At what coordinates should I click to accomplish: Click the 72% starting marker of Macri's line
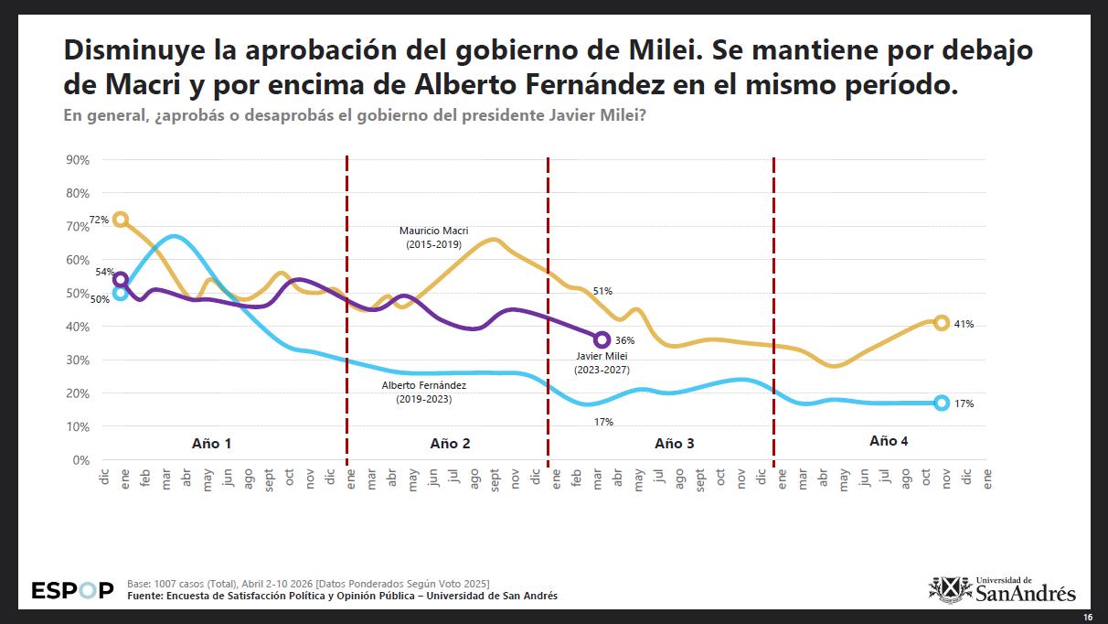(x=121, y=220)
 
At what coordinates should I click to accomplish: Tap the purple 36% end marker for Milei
(x=602, y=339)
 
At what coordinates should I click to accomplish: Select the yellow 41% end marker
(x=942, y=322)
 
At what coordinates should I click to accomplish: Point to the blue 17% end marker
(x=942, y=403)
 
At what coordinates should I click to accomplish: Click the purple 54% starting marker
(x=121, y=279)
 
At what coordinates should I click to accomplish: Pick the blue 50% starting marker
(x=121, y=293)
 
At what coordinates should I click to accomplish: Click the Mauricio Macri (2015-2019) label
(x=434, y=238)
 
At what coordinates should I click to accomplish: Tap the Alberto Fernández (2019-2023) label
(x=423, y=393)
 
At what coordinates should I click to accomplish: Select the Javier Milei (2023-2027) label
(x=602, y=362)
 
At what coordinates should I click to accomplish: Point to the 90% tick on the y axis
(x=77, y=160)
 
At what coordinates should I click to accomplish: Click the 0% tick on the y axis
(x=80, y=460)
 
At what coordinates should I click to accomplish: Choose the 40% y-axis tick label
(x=77, y=327)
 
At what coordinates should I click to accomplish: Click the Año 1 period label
(x=211, y=443)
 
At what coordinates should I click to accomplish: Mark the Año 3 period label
(x=675, y=443)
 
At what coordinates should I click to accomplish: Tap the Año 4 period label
(x=889, y=441)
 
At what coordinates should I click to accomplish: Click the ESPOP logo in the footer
(x=72, y=590)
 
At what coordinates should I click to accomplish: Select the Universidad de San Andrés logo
(x=1002, y=589)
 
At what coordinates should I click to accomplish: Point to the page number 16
(x=1087, y=617)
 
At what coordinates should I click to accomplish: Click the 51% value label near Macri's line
(x=602, y=291)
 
